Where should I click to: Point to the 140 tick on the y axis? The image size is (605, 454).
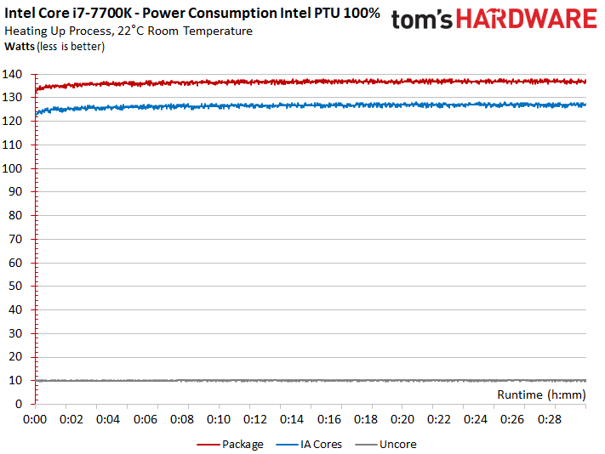17,74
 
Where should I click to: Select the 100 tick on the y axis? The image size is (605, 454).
17,168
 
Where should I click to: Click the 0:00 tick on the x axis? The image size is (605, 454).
35,420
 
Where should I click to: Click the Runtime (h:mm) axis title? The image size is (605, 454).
541,394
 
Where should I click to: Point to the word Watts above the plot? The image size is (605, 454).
20,46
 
